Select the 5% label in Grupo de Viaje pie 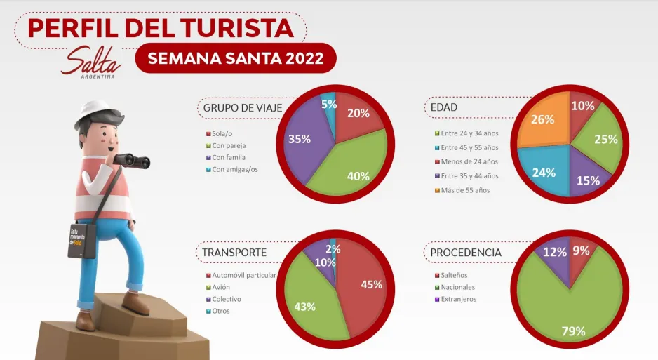point(329,105)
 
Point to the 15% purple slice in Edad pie point(588,175)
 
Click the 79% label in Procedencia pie point(573,331)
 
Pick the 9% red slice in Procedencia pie point(579,253)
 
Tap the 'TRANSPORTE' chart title point(234,252)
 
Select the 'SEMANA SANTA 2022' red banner point(235,58)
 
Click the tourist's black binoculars point(133,161)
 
